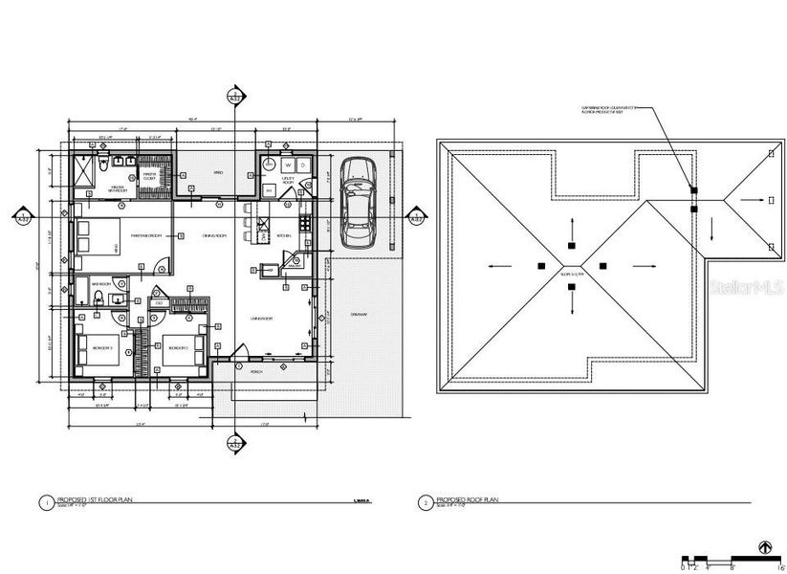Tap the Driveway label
pyautogui.click(x=360, y=313)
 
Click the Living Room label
pyautogui.click(x=262, y=319)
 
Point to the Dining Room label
pyautogui.click(x=213, y=235)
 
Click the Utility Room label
pyautogui.click(x=288, y=179)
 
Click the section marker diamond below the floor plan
pyautogui.click(x=233, y=443)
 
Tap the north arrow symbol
pyautogui.click(x=763, y=548)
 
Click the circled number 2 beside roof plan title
pyautogui.click(x=425, y=501)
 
